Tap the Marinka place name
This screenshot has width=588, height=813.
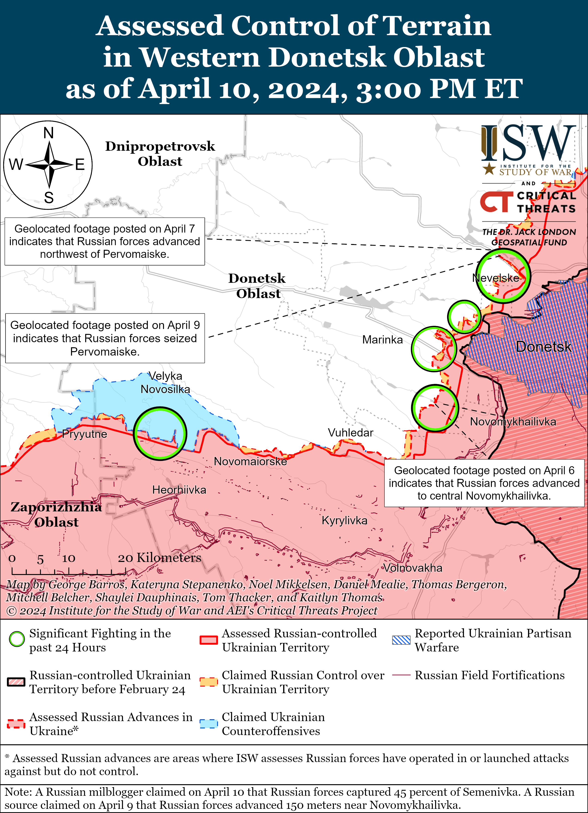pyautogui.click(x=383, y=339)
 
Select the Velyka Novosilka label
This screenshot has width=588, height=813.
pyautogui.click(x=165, y=383)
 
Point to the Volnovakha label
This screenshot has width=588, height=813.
pyautogui.click(x=413, y=568)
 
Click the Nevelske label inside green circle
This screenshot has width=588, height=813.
pyautogui.click(x=496, y=278)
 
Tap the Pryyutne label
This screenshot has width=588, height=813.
pyautogui.click(x=84, y=434)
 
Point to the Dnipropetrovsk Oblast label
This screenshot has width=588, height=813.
pyautogui.click(x=160, y=153)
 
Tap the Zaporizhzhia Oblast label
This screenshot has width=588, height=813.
pyautogui.click(x=56, y=514)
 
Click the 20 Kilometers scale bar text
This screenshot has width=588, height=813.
pyautogui.click(x=159, y=558)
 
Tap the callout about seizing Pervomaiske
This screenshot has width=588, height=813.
pyautogui.click(x=105, y=338)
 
